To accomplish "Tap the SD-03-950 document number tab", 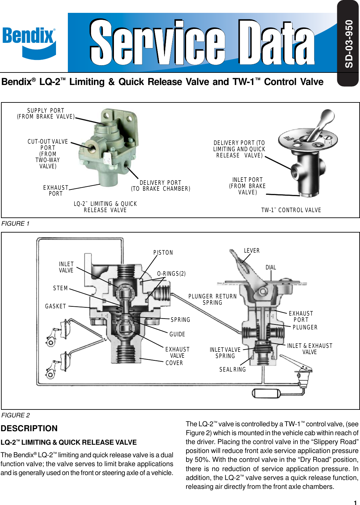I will tap(348, 43).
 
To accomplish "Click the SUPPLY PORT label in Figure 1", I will tap(46, 114).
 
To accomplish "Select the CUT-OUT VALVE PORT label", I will tap(48, 154).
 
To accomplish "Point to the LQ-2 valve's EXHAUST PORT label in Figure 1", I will tap(56, 191).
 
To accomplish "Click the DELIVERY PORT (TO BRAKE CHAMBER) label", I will tap(160, 186).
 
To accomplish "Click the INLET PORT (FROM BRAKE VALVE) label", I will tap(247, 186).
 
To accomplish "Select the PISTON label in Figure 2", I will tap(163, 253).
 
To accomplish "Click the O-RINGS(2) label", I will tap(171, 274).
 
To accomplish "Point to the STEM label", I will tap(61, 288).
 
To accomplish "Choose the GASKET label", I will tap(56, 306).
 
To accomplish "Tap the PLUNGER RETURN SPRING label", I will tap(212, 299).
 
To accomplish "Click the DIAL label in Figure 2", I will tap(271, 267).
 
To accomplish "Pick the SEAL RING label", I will tap(233, 370).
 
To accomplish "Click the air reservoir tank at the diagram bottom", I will tap(266, 393).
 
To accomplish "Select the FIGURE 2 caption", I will tap(15, 415).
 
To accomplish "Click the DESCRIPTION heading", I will tap(29, 428).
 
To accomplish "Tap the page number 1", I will tap(355, 502).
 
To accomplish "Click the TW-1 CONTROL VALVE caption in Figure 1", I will tap(291, 210).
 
